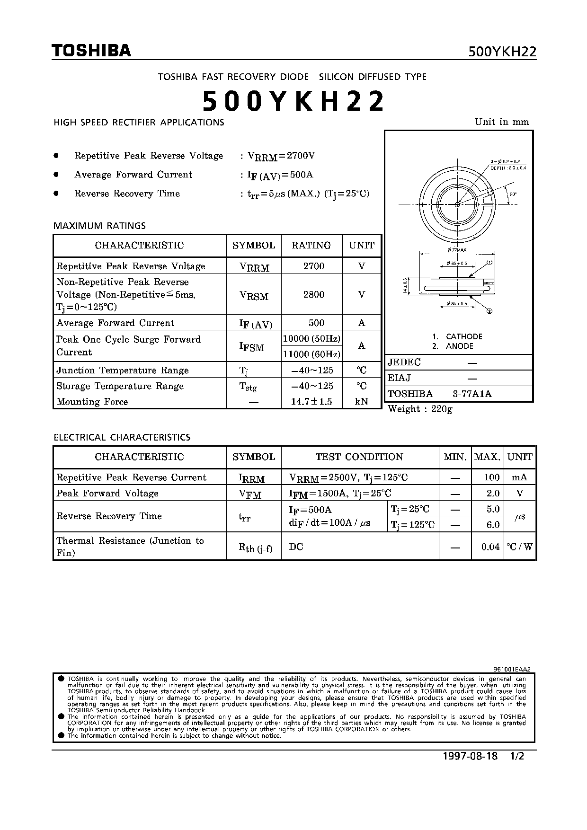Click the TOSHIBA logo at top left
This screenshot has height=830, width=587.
click(91, 51)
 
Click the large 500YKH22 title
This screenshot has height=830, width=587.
click(293, 101)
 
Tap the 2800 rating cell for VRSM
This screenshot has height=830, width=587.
click(313, 294)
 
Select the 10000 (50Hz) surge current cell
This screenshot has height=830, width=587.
click(311, 338)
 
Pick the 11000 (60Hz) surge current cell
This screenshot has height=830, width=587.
click(311, 354)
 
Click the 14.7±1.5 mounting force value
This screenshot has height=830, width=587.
click(311, 401)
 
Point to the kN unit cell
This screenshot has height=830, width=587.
click(362, 401)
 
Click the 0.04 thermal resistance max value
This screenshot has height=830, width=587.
click(490, 547)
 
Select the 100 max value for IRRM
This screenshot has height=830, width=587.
click(492, 477)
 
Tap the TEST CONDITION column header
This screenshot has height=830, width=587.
click(359, 457)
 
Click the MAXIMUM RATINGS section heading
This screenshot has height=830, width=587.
click(99, 226)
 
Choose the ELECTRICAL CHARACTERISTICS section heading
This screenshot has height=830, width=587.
click(122, 437)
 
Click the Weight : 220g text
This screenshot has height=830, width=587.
click(420, 409)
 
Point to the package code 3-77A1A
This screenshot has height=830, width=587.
click(472, 394)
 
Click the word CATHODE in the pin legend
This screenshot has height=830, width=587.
click(464, 336)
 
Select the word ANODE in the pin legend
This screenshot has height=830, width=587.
click(459, 346)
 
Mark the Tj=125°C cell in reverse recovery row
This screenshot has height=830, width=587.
click(412, 524)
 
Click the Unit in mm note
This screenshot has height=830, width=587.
click(502, 122)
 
